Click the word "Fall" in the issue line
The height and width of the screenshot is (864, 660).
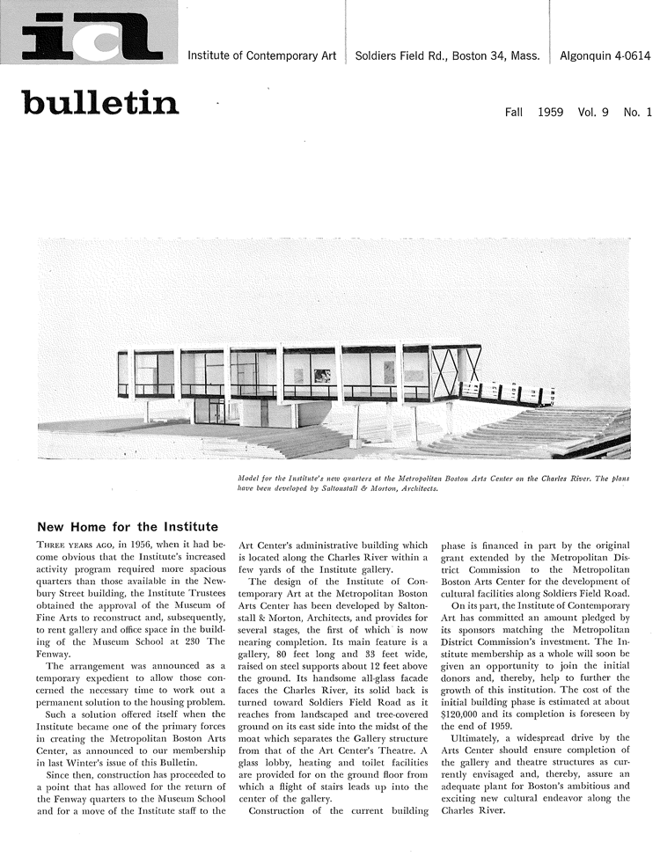tap(515, 113)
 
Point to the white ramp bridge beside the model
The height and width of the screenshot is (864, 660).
tap(506, 391)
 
